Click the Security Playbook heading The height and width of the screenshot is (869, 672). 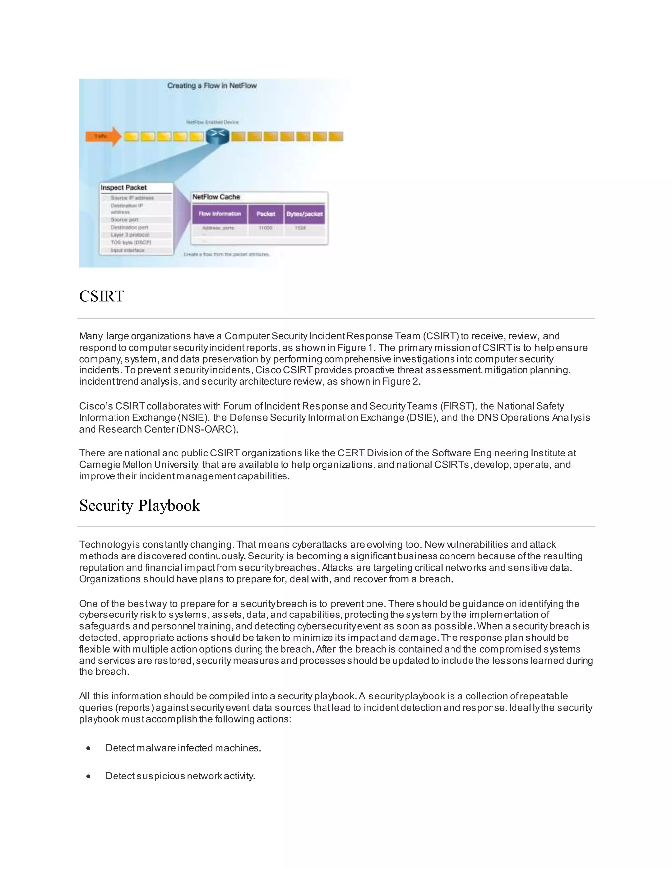[x=139, y=506]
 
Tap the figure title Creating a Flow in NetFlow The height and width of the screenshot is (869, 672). [x=212, y=86]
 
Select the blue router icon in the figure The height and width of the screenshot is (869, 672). [x=217, y=136]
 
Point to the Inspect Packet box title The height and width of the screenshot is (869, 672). [x=124, y=187]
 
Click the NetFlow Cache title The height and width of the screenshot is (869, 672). [x=216, y=197]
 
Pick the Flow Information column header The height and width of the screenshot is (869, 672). [x=220, y=214]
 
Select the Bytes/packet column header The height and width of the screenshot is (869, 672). [x=304, y=214]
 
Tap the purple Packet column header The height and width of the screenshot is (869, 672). [x=265, y=214]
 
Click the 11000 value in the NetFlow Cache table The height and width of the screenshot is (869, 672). [x=265, y=228]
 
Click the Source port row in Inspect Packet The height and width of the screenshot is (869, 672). [x=125, y=220]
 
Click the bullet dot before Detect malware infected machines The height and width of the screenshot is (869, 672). [x=88, y=748]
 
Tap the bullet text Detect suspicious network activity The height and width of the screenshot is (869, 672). [x=180, y=776]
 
